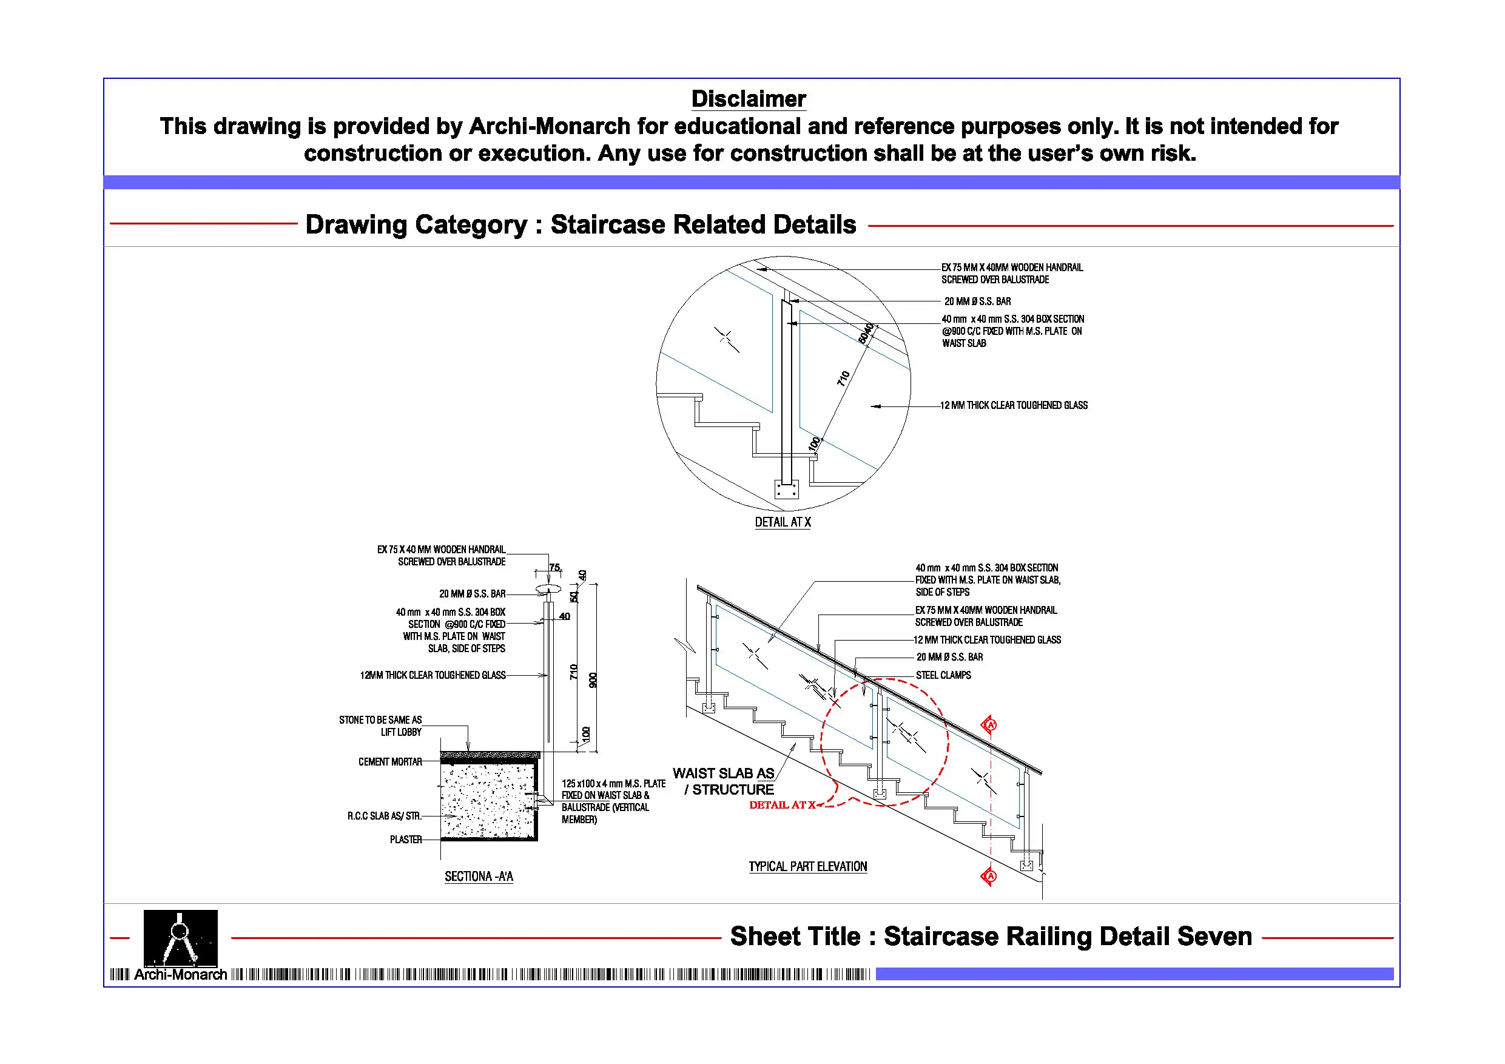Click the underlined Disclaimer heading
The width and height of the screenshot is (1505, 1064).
point(748,99)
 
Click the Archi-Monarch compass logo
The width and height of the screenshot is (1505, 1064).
point(180,938)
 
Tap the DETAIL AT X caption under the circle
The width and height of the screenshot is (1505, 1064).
point(783,522)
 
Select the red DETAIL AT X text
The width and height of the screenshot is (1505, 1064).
point(782,805)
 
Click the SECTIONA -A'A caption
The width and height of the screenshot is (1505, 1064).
point(479,877)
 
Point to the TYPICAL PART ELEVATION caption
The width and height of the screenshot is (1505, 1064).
point(807,867)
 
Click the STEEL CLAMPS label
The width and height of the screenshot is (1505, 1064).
point(943,675)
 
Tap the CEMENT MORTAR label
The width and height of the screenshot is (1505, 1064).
point(390,762)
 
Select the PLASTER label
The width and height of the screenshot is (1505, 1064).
point(406,840)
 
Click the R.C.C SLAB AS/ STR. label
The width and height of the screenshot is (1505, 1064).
point(384,816)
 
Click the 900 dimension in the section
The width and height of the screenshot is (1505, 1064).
point(593,680)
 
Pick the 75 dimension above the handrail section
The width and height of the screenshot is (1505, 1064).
point(554,568)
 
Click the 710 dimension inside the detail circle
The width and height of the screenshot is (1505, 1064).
point(844,379)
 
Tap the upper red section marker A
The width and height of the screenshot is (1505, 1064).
point(990,724)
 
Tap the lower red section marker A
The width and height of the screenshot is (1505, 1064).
point(990,876)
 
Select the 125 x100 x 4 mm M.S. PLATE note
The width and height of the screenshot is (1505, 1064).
point(612,801)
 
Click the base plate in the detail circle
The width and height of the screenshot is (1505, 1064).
point(786,489)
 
